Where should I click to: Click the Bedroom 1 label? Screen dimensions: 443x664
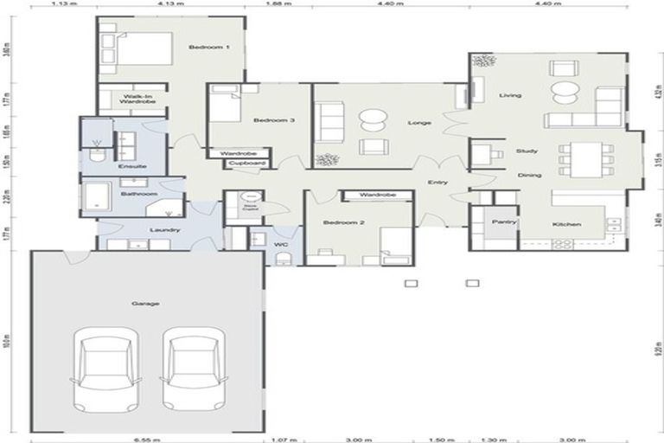(x=215, y=47)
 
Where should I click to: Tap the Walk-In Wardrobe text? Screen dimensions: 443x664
(x=138, y=99)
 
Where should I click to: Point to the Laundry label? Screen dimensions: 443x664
(x=163, y=229)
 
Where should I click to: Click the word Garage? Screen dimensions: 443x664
(x=144, y=304)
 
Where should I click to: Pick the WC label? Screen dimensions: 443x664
(x=280, y=245)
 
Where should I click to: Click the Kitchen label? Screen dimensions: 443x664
(x=566, y=225)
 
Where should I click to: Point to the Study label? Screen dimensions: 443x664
(x=527, y=151)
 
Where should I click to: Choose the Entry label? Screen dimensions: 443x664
(x=438, y=182)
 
